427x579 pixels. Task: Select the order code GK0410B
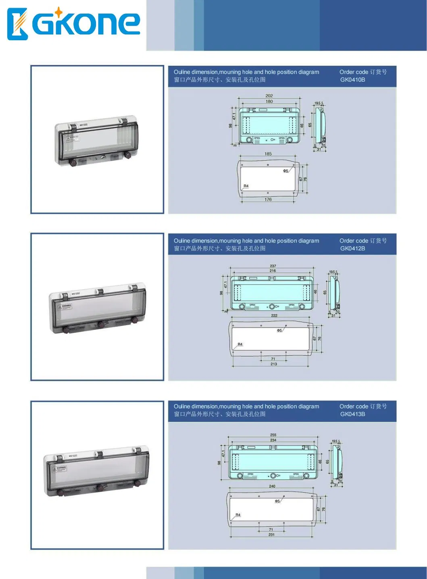tap(352, 80)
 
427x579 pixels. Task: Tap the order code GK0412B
tap(352, 249)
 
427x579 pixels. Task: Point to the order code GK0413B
tap(352, 414)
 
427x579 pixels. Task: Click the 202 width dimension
tap(269, 96)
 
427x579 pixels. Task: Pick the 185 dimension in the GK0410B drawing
tap(268, 154)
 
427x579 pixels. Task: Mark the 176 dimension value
tap(268, 199)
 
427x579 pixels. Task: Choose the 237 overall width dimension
tap(273, 266)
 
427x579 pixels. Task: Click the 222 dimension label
tap(274, 315)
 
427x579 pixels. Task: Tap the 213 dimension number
tap(274, 364)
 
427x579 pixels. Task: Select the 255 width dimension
tap(273, 435)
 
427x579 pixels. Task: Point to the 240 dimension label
tap(272, 486)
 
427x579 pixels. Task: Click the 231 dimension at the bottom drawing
tap(271, 535)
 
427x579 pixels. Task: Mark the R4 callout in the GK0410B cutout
tap(246, 186)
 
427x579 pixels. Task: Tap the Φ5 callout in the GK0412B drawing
tap(279, 330)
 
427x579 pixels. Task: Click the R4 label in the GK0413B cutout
tap(238, 515)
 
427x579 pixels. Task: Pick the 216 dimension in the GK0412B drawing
tap(273, 271)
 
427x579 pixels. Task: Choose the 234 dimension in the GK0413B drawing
tap(273, 440)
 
